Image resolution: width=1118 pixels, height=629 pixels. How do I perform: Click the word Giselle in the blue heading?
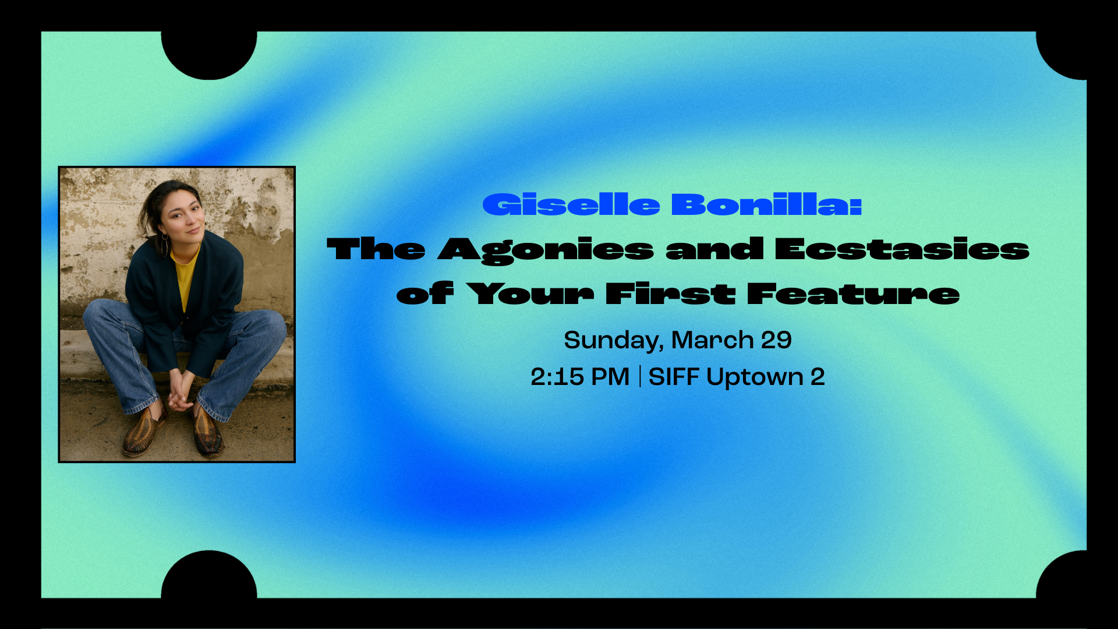click(571, 204)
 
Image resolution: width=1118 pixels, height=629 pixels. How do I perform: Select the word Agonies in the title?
click(546, 250)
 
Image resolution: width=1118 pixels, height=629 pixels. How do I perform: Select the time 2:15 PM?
click(580, 377)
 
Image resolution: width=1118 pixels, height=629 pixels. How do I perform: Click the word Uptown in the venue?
click(755, 377)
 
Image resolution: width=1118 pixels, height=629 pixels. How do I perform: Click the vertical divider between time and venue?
click(640, 376)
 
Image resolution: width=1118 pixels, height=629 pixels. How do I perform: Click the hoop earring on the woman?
click(165, 244)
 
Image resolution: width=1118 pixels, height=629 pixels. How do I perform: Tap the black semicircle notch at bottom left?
click(208, 575)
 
